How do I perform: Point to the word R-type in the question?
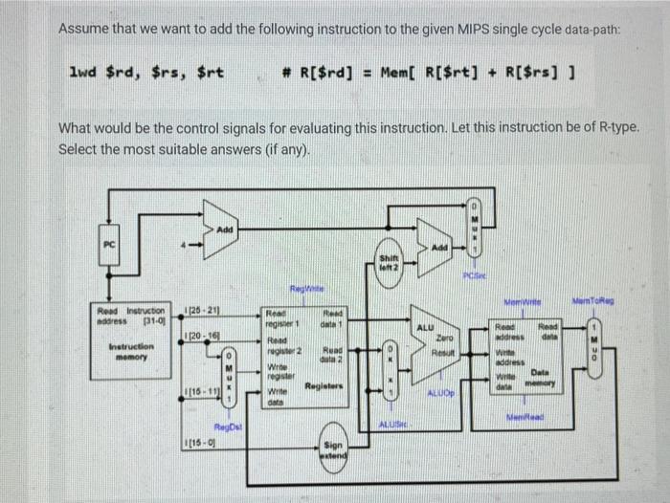click(x=593, y=128)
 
